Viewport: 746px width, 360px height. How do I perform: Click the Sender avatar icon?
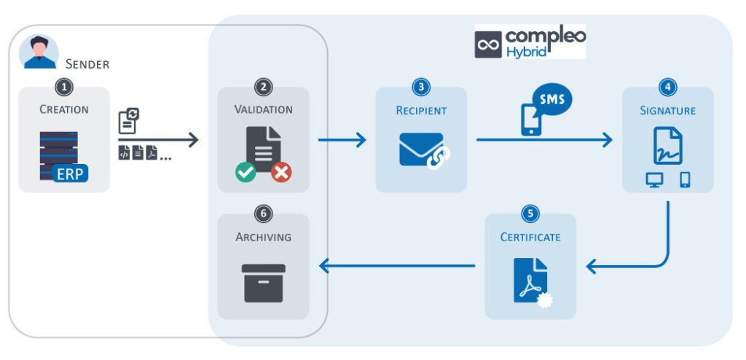40,52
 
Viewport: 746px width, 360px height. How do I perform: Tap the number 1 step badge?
65,87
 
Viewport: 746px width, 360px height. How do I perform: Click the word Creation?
64,109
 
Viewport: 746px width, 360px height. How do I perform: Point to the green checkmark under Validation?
246,172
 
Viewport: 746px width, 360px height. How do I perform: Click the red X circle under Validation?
281,172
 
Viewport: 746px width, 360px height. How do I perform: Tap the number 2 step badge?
263,87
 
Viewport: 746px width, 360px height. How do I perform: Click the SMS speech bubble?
551,99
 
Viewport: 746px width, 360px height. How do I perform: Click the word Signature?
667,111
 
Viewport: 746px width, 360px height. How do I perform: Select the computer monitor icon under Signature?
654,179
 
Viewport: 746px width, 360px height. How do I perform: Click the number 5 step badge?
530,214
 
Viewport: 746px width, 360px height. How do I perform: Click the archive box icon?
263,283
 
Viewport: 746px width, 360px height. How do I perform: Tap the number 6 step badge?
263,214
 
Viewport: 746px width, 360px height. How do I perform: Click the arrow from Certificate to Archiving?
397,267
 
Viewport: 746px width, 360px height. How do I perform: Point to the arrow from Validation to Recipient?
342,139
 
